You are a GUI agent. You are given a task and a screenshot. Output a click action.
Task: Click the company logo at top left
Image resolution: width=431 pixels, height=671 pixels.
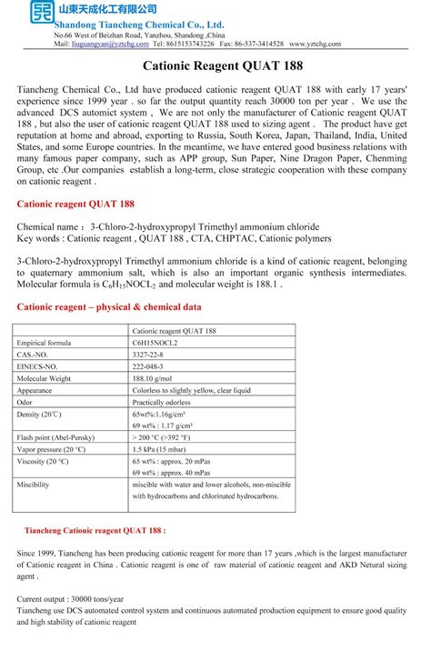[40, 13]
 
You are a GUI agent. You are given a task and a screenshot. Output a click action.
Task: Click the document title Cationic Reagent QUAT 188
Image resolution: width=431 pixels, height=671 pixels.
[215, 66]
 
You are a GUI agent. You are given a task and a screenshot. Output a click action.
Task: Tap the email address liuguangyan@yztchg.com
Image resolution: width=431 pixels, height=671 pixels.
[110, 44]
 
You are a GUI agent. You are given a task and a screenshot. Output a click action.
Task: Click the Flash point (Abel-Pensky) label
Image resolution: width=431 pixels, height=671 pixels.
[58, 437]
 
